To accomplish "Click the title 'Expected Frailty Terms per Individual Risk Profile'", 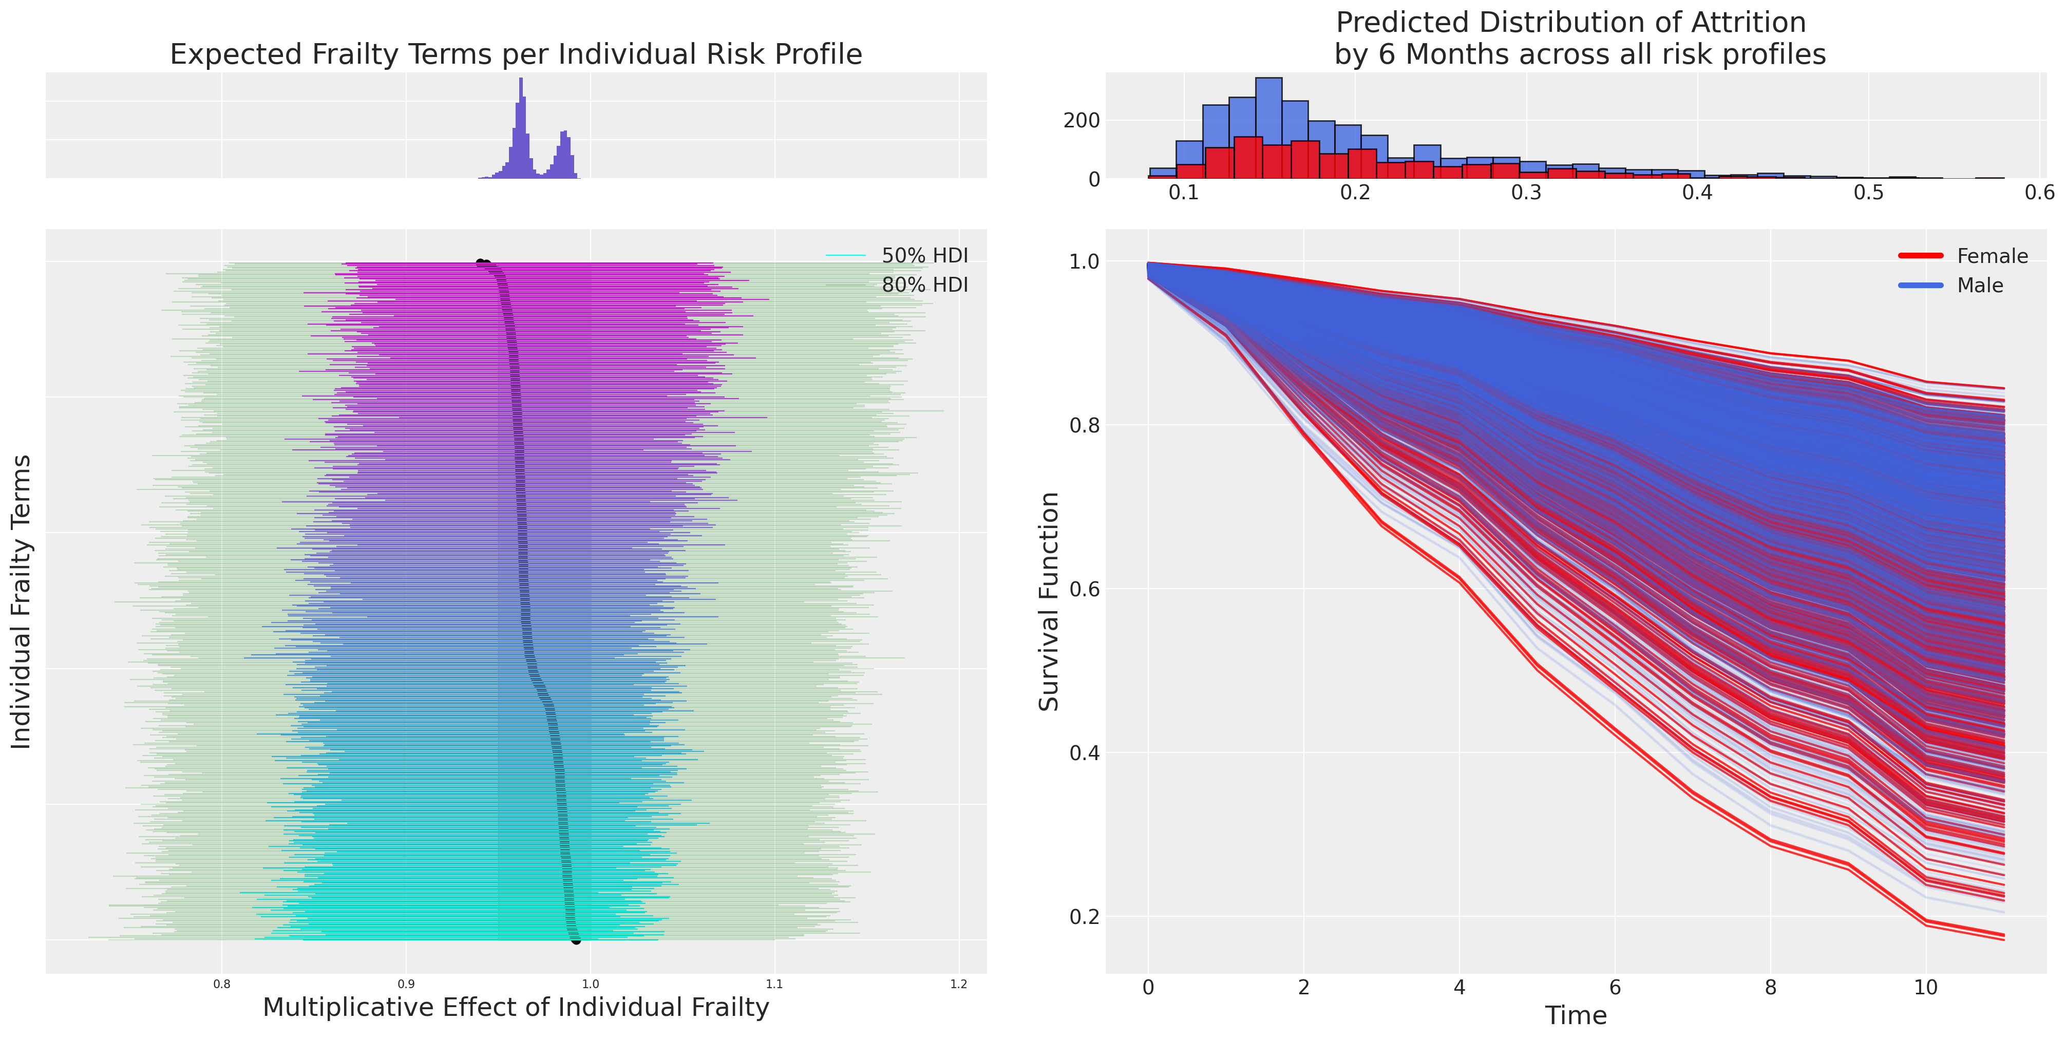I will pos(516,54).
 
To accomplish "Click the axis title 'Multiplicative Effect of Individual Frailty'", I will pos(516,1008).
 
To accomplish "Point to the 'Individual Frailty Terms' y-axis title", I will pos(21,602).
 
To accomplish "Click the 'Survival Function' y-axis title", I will pos(1049,602).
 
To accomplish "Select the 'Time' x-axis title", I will pos(1576,1016).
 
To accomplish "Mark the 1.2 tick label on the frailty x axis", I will pos(958,985).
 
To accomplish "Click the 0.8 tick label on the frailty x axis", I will pos(222,985).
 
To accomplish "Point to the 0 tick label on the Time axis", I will pos(1148,988).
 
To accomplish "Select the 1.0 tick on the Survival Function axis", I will pos(1084,261).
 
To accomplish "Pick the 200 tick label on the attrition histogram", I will pos(1081,120).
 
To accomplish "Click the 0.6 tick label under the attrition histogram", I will pos(2039,193).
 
